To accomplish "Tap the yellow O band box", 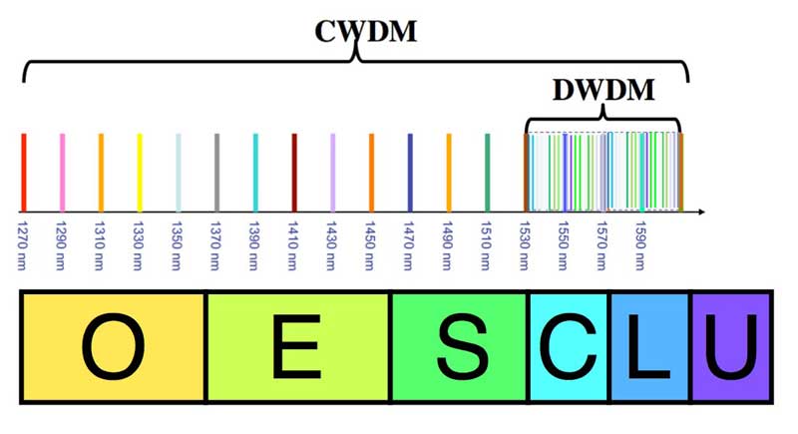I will click(x=113, y=346).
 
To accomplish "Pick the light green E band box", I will click(x=298, y=346).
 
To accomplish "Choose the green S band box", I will click(x=459, y=346).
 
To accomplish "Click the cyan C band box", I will click(x=569, y=346).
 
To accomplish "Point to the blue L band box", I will click(x=649, y=346).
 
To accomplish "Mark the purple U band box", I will click(x=731, y=346).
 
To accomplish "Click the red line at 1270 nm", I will click(x=24, y=172).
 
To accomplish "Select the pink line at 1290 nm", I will click(x=62, y=172).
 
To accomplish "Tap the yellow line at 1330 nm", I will click(x=140, y=172).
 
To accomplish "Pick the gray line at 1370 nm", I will click(x=216, y=172).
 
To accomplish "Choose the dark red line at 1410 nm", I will click(x=294, y=172).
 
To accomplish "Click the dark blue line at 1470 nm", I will click(x=410, y=172).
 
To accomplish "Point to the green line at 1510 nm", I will click(x=487, y=172).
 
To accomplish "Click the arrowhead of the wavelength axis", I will click(x=701, y=212).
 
